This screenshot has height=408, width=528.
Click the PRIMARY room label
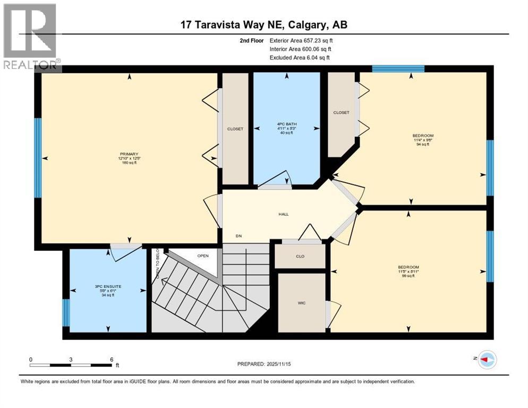point(129,154)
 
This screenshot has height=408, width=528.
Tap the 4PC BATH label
point(287,124)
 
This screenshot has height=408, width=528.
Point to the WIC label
point(301,303)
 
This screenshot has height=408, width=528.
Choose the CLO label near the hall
point(301,257)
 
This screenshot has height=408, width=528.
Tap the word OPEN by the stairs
point(203,256)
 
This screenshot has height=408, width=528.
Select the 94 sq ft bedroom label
point(423,135)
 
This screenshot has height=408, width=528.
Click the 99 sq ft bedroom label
point(408,267)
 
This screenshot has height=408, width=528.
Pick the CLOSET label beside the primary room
point(235,129)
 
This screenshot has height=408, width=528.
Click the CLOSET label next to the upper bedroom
point(341,113)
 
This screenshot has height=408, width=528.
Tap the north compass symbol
point(486,360)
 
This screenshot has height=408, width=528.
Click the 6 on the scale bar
point(111,359)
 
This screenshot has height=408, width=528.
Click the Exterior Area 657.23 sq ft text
point(301,40)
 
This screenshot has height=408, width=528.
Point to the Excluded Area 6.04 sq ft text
point(300,57)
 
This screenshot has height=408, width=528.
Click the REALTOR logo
point(31,37)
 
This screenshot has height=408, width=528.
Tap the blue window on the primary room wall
point(38,157)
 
